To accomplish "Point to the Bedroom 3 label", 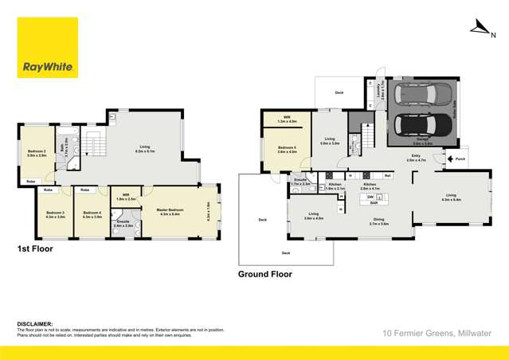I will (55, 213).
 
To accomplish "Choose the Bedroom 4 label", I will (92, 213).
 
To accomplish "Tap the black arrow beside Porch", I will (452, 158).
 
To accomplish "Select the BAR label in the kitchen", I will (372, 202).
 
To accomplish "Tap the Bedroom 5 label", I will (287, 148).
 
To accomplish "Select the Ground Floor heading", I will (265, 274).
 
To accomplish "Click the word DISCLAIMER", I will (33, 323).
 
